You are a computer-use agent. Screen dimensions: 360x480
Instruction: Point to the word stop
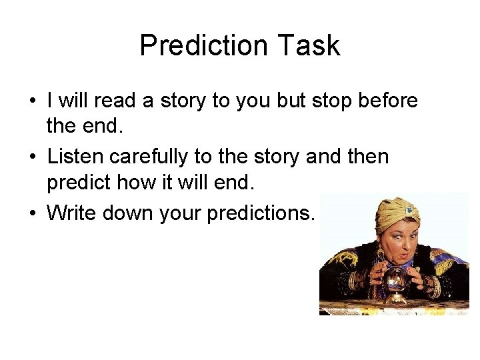323,101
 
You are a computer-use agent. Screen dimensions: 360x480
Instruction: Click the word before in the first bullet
386,101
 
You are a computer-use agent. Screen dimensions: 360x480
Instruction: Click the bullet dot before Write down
32,213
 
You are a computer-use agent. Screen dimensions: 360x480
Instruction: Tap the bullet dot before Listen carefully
32,157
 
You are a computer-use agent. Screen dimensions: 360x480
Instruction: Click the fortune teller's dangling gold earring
383,255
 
